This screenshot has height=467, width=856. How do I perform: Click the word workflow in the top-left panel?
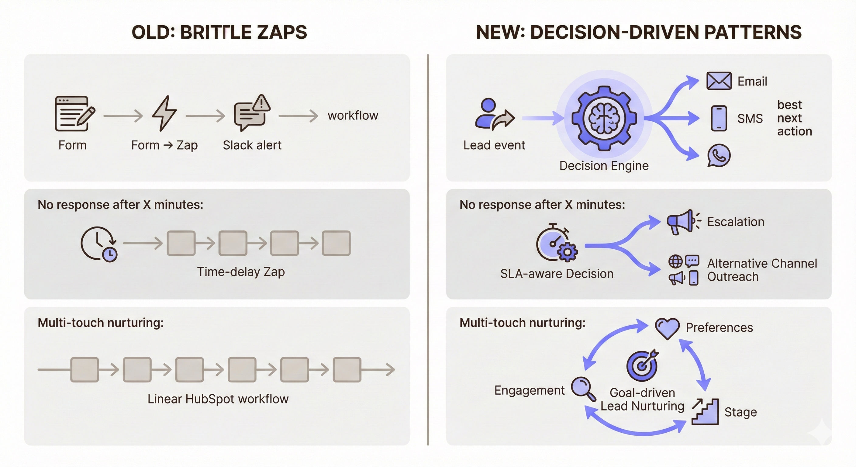pyautogui.click(x=353, y=116)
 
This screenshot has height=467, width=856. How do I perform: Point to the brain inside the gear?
pyautogui.click(x=604, y=118)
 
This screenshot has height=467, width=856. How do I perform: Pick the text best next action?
pyautogui.click(x=794, y=118)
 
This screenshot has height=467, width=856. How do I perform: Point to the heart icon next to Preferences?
pyautogui.click(x=667, y=328)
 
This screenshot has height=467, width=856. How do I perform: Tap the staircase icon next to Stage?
pyautogui.click(x=705, y=412)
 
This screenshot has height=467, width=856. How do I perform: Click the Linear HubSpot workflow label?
pyautogui.click(x=218, y=399)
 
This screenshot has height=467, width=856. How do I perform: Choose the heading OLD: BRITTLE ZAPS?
pyautogui.click(x=219, y=32)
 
